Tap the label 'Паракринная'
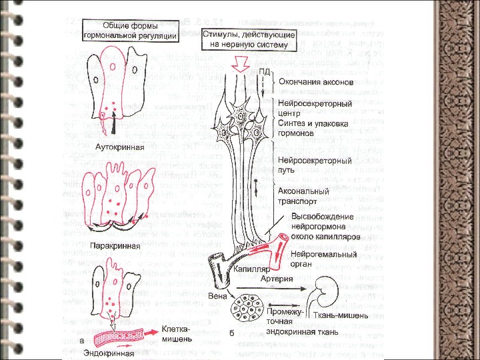111,246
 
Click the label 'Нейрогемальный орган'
320,259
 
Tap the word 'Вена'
216,294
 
